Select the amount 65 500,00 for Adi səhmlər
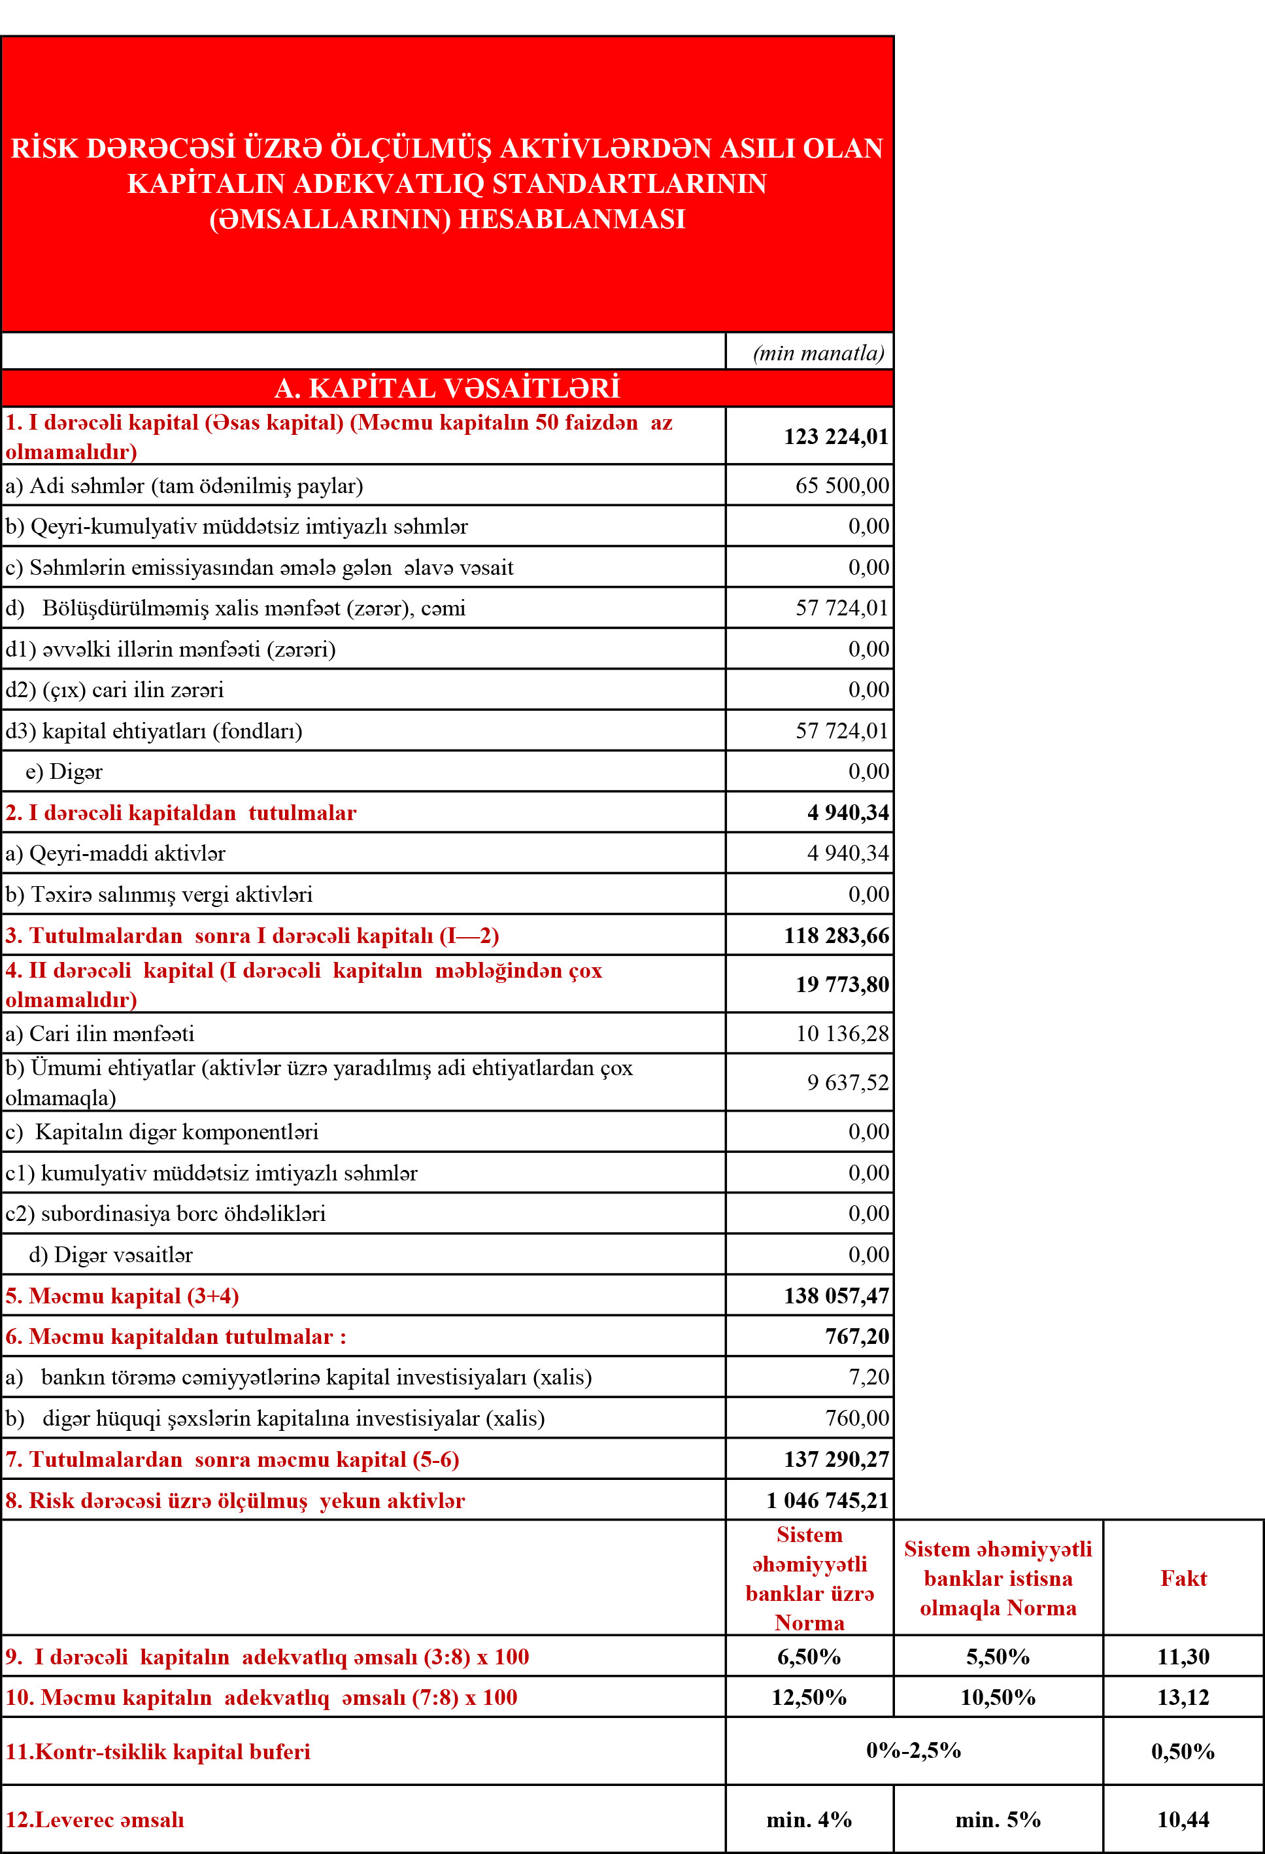841,485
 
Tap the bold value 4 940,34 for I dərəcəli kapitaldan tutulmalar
847,812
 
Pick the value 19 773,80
841,984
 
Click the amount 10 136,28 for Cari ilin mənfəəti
841,1033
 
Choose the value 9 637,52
847,1082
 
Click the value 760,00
856,1418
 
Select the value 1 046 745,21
827,1501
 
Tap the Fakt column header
1183,1578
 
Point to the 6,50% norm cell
809,1657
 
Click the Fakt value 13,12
1183,1697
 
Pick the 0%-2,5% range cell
913,1750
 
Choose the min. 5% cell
998,1820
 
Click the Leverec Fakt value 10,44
1183,1820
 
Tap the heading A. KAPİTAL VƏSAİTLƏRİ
447,388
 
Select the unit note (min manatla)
818,352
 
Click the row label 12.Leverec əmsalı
95,1820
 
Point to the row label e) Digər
64,772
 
